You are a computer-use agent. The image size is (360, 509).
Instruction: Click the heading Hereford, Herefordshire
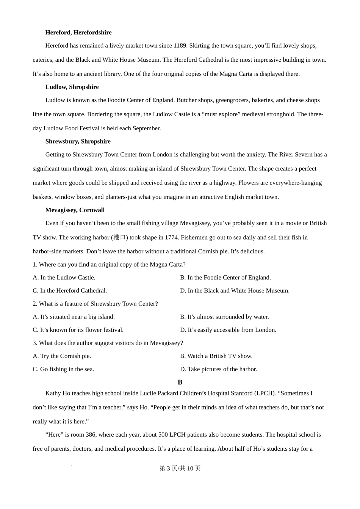click(78, 33)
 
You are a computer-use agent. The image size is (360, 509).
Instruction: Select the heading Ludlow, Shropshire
click(72, 87)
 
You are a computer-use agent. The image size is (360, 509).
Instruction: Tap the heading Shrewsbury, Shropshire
click(78, 142)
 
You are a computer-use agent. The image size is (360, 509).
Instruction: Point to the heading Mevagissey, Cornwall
click(75, 210)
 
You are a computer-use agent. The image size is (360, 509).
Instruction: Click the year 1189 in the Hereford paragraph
click(180, 46)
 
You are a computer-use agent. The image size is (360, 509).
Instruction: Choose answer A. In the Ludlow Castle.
click(64, 278)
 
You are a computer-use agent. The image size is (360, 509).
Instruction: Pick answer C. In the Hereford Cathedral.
click(70, 291)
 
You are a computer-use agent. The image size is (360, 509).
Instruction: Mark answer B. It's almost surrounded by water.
click(224, 317)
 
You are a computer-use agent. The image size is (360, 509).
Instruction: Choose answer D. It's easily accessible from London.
click(228, 330)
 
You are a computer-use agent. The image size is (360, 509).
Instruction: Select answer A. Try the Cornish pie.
click(62, 356)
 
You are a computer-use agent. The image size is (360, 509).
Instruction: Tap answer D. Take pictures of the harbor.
click(219, 369)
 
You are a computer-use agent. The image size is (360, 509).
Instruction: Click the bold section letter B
click(180, 383)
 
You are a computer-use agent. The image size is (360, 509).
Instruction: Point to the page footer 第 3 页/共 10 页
click(180, 468)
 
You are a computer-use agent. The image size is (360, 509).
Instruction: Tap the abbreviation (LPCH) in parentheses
click(265, 393)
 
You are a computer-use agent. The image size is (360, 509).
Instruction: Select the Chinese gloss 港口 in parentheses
click(120, 237)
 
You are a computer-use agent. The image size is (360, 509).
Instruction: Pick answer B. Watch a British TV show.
click(216, 356)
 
